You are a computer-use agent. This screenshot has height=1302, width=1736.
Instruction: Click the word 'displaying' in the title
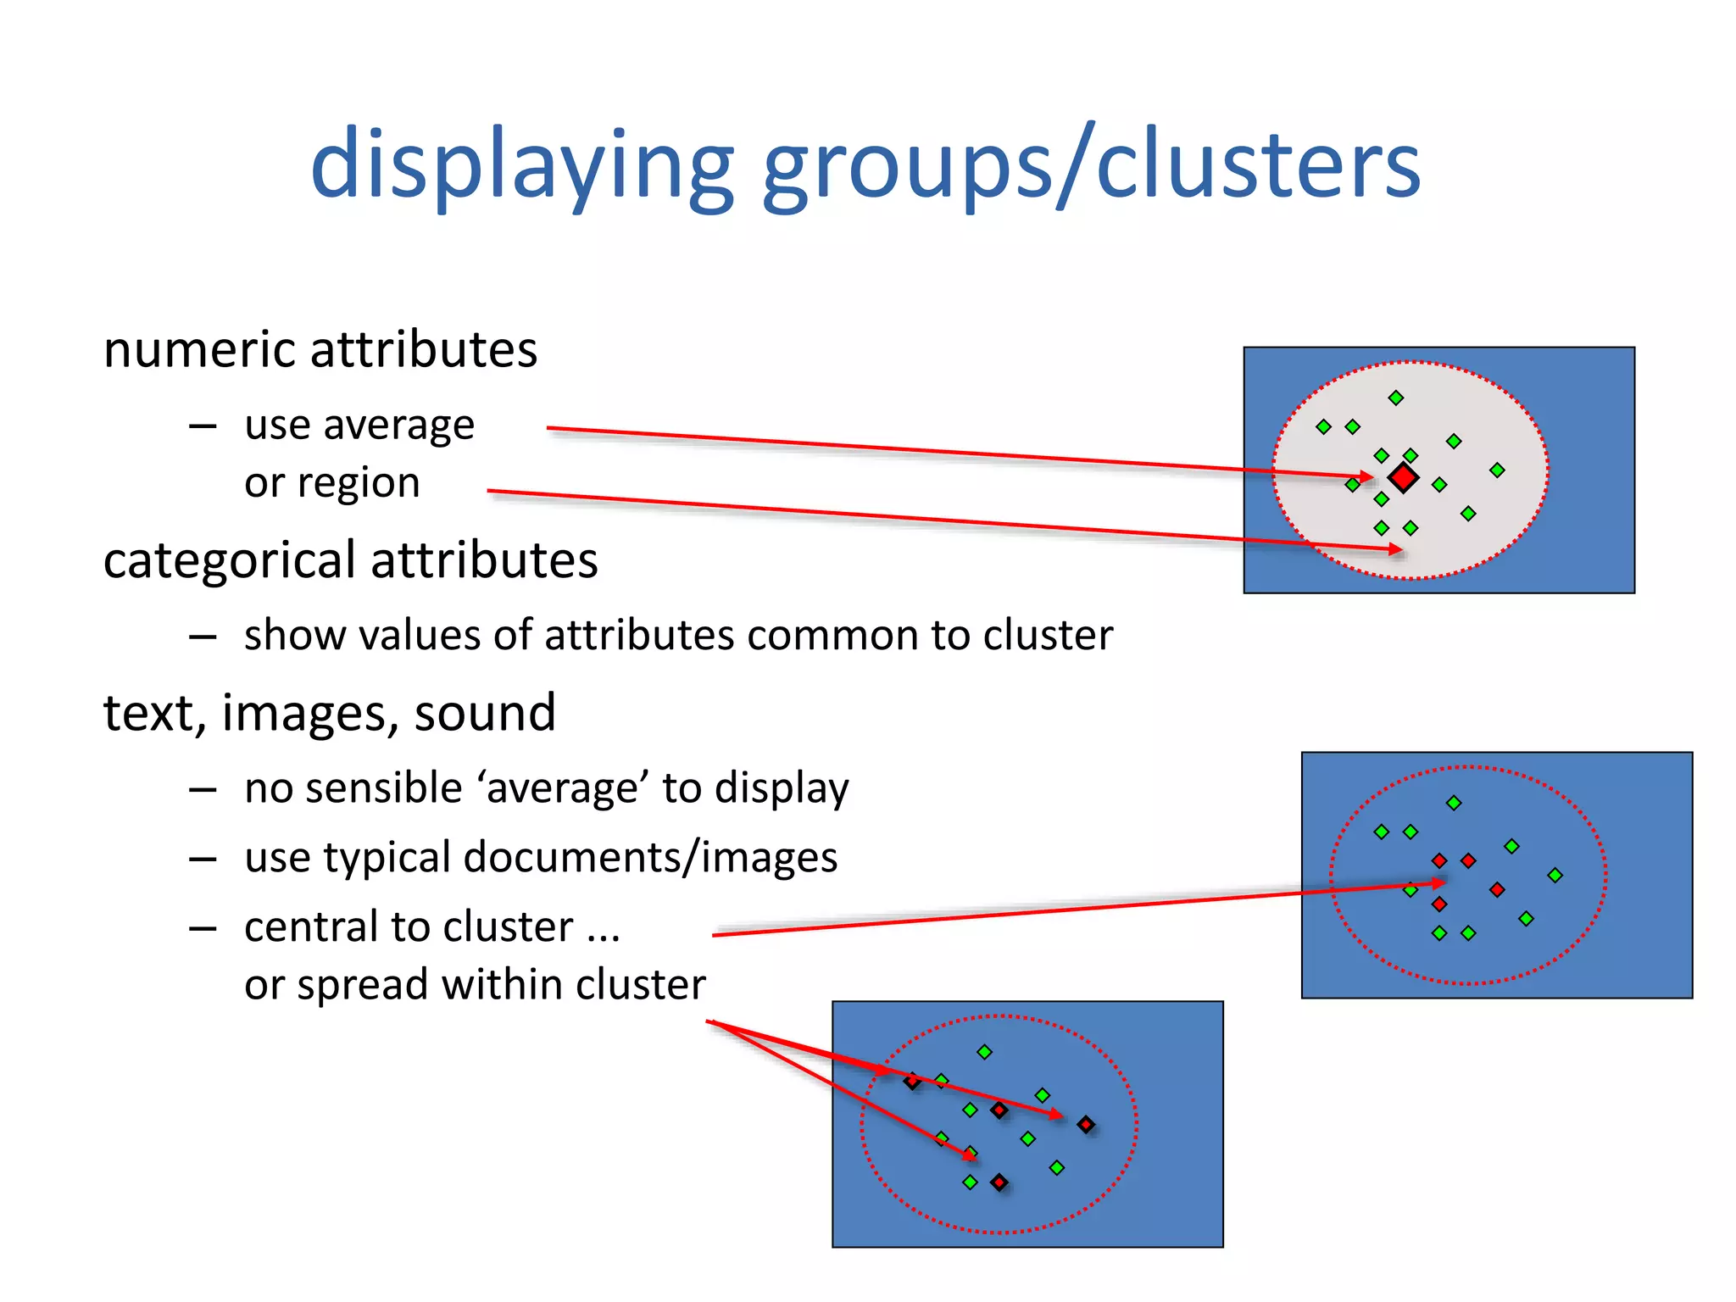[521, 165]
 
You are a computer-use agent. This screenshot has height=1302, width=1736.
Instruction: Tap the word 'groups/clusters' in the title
[1091, 165]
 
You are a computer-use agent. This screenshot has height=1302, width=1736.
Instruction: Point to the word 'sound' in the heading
[485, 713]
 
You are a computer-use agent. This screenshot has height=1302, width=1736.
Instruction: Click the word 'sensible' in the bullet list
[385, 788]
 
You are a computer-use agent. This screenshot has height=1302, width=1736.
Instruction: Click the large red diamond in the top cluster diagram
[1404, 477]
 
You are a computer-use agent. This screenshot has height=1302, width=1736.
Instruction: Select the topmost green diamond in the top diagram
[1396, 398]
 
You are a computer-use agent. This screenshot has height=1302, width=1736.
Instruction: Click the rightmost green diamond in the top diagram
[1497, 470]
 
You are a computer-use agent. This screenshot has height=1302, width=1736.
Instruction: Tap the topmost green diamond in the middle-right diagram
[1454, 802]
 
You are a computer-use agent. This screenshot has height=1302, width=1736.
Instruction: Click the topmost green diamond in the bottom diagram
[984, 1052]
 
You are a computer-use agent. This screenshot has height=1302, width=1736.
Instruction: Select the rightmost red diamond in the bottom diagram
[1086, 1125]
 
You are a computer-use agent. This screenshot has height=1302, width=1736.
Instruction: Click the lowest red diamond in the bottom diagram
[999, 1182]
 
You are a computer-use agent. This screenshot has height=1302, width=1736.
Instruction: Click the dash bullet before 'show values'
[203, 637]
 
